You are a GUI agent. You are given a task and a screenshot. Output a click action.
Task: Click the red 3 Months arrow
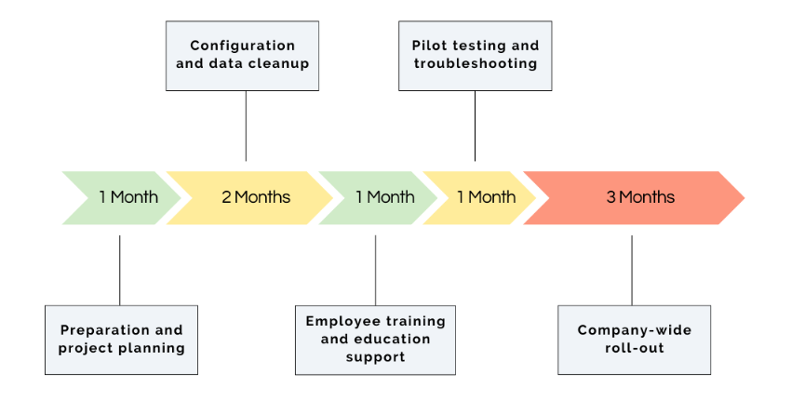(640, 197)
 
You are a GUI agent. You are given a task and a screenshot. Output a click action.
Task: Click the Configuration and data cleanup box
(242, 56)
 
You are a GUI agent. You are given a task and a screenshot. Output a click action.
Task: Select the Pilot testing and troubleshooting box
(475, 56)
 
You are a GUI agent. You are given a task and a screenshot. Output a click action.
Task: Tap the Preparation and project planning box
(121, 340)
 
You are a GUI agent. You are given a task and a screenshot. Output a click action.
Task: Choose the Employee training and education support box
(375, 340)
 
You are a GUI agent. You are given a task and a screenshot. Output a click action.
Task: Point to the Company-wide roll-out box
(634, 340)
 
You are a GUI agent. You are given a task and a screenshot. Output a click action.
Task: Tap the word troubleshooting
(476, 64)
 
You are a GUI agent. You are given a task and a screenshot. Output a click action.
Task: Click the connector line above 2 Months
(246, 126)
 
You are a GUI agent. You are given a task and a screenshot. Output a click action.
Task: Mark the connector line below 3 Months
(632, 270)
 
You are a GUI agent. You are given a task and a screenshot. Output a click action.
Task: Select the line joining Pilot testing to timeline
(475, 126)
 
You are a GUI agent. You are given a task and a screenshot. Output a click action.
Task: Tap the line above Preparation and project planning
(120, 270)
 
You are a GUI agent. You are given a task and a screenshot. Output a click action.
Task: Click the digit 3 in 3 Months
(610, 197)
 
